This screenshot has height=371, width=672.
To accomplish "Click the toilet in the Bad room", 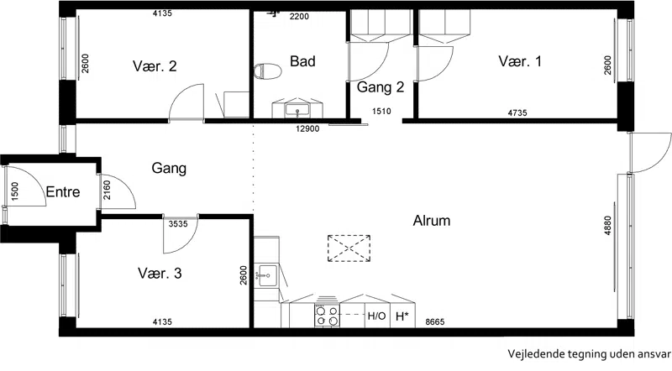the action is pos(267,71).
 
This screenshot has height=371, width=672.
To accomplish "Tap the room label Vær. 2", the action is pos(155,66).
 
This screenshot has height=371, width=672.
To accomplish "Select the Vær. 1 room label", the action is pos(520,60).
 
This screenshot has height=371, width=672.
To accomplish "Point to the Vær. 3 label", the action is pos(160,273).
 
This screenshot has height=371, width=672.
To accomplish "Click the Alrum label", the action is pos(432,221).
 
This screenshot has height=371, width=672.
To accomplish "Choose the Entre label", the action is pos(63,191).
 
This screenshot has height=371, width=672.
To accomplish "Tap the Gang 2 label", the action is pos(381,87).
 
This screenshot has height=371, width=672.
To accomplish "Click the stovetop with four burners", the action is pos(327,316).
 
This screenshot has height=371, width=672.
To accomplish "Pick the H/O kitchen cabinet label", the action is pos(376,316).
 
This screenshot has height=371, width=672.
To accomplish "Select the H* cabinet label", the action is pos(402,316).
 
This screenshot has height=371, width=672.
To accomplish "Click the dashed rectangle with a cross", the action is pos(349,248).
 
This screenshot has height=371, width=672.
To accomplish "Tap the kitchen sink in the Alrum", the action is pos(266,275).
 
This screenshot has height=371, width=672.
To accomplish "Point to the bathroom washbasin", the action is pos(297,109).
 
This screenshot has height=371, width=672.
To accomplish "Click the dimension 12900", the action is pos(307,128).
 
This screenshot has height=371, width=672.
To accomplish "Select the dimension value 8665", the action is pos(435,321).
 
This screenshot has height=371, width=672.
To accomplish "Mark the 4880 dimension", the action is pos(607,225).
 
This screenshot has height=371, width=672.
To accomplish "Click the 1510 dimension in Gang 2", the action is pos(381,112).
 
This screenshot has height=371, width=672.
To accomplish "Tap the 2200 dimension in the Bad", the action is pos(299,17).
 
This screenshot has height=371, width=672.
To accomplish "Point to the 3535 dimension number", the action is pos(178,223).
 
